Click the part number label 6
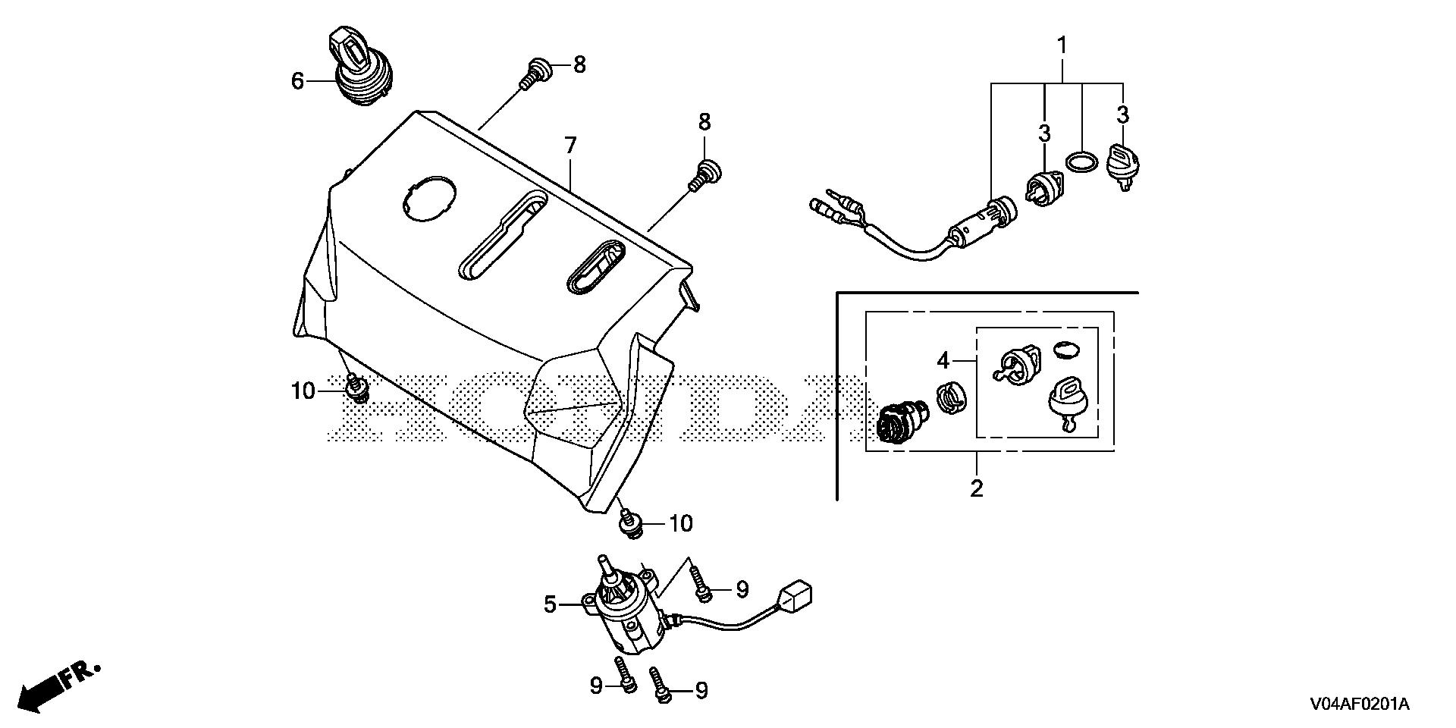click(x=297, y=80)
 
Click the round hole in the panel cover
click(x=428, y=199)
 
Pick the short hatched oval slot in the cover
click(x=596, y=267)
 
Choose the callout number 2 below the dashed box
click(x=977, y=488)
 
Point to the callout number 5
click(x=551, y=604)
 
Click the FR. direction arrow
click(x=57, y=686)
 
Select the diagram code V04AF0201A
click(x=1358, y=704)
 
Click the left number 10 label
click(x=303, y=391)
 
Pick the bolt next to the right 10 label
click(x=629, y=522)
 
